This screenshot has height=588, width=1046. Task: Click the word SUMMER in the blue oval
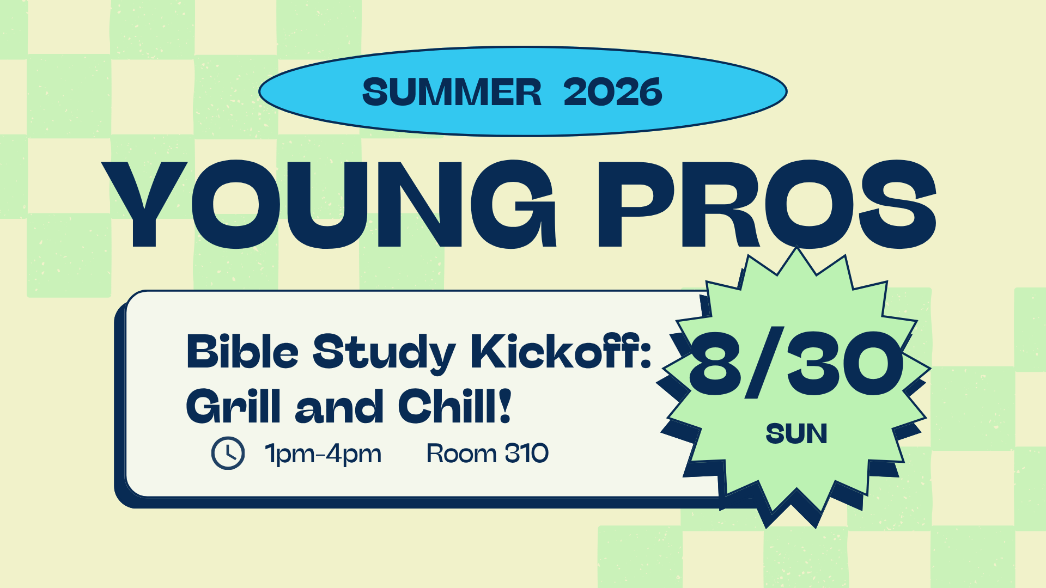click(x=452, y=91)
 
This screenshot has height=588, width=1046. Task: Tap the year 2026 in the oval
click(x=613, y=91)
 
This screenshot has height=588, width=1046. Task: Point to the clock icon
click(x=228, y=453)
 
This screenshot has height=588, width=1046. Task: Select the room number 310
click(x=527, y=453)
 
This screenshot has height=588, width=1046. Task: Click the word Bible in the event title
click(x=243, y=352)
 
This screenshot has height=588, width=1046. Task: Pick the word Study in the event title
click(x=384, y=354)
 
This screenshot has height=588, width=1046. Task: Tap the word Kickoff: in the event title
click(x=561, y=352)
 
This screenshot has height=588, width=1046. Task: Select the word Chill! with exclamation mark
click(x=455, y=406)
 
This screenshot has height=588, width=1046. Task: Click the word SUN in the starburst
click(x=796, y=434)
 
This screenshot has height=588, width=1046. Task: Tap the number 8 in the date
click(x=715, y=363)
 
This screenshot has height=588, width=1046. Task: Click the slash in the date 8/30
click(x=765, y=363)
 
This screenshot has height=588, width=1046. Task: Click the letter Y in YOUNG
click(x=145, y=204)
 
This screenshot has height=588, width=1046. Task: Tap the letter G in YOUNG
click(x=513, y=204)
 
